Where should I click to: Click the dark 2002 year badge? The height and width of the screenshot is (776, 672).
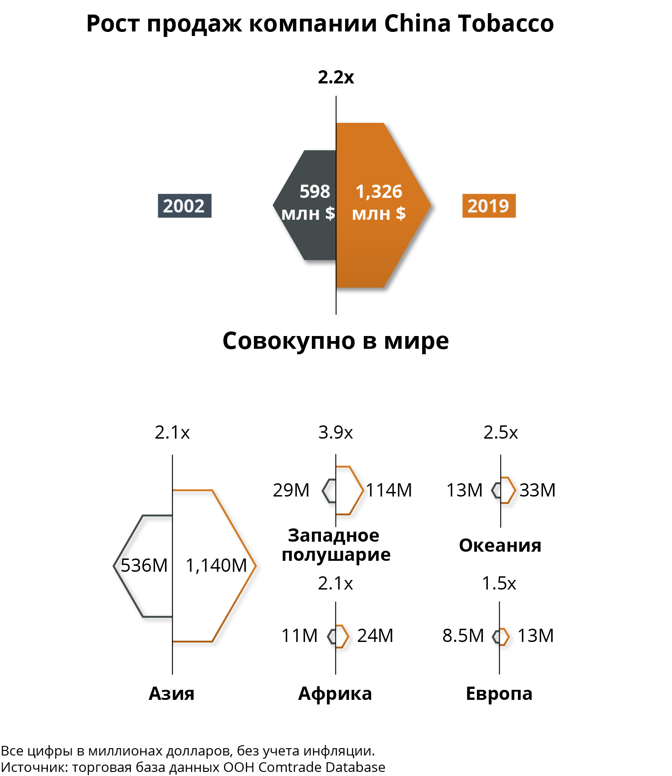[185, 206]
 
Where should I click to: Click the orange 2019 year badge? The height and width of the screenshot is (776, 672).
[489, 206]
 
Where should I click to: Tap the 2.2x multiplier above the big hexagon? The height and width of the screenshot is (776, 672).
[336, 77]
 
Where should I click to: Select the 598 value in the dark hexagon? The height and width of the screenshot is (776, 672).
[315, 191]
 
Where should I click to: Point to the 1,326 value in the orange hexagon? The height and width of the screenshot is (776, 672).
[379, 191]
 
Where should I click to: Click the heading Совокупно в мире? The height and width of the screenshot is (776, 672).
[336, 341]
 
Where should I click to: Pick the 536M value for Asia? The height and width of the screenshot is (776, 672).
[144, 565]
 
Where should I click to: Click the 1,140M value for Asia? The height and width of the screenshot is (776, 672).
[216, 565]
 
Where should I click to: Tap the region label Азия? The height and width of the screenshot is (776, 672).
[171, 693]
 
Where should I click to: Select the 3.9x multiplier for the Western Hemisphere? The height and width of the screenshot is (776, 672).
[336, 432]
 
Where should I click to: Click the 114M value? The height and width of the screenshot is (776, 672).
[389, 490]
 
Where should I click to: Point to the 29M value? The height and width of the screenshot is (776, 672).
[291, 490]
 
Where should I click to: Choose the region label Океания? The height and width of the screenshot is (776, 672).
[500, 545]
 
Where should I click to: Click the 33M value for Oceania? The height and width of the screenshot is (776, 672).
[538, 490]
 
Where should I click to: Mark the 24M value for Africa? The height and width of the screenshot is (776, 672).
[375, 636]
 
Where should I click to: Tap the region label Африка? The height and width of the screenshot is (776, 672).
[335, 693]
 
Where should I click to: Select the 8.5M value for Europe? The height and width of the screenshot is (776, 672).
[463, 636]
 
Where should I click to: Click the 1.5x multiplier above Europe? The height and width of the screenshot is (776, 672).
[499, 583]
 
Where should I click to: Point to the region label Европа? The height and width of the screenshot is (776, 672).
[499, 694]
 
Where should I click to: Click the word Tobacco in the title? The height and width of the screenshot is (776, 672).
[506, 23]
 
